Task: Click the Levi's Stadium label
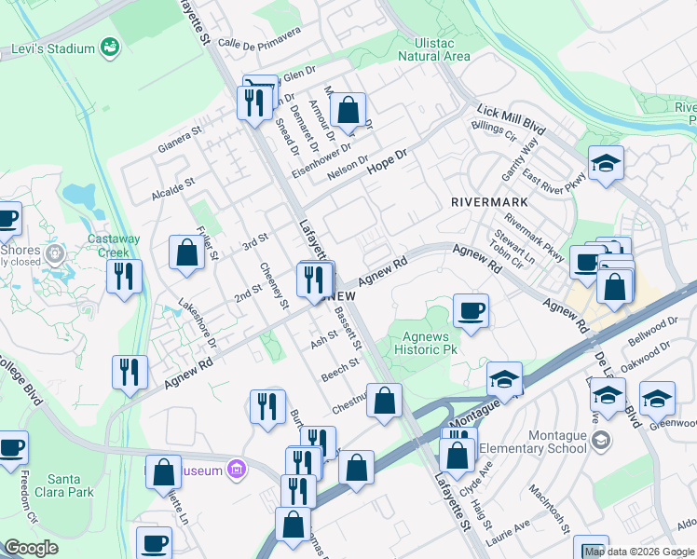click(53, 48)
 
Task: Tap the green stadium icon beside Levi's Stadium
click(110, 47)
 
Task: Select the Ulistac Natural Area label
click(433, 49)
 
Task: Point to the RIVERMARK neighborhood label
click(489, 201)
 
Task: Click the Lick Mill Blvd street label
click(510, 116)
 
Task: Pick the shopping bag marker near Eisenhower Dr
click(347, 110)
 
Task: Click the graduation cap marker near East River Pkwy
click(606, 165)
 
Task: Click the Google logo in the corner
click(32, 547)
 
